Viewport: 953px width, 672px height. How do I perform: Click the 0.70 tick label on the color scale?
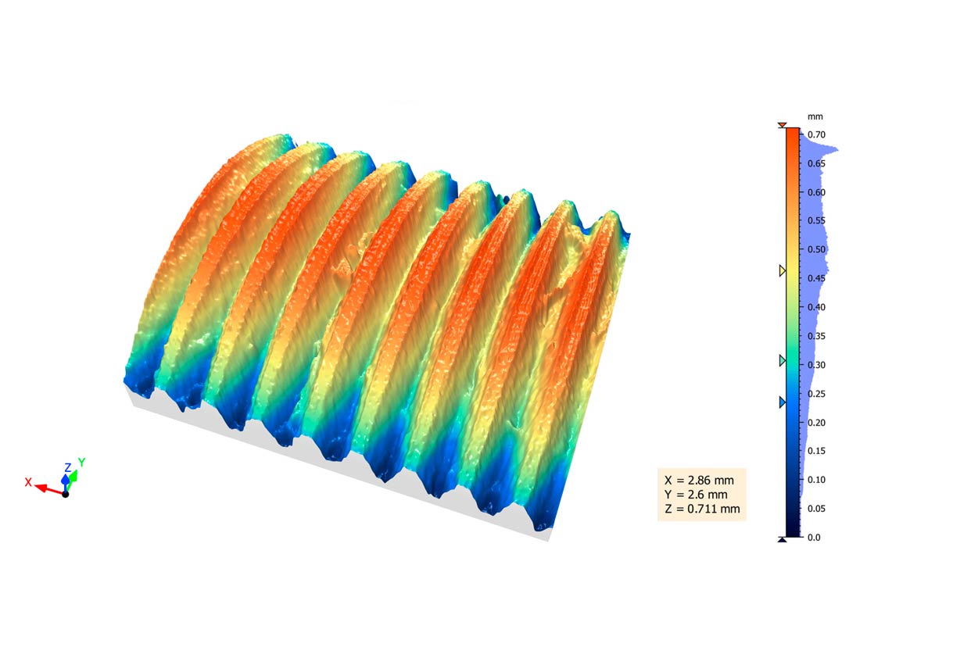816,135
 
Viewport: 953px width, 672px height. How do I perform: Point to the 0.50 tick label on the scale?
816,249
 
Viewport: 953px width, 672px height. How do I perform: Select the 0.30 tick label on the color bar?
816,365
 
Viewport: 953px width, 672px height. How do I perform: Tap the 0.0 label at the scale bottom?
814,538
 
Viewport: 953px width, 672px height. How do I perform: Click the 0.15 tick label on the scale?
816,451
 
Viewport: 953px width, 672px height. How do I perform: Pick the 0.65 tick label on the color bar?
816,164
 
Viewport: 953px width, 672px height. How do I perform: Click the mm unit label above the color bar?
815,116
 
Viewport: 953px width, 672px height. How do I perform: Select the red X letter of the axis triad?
28,482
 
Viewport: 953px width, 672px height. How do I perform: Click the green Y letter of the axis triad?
81,463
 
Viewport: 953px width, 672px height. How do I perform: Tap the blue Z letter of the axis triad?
68,468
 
